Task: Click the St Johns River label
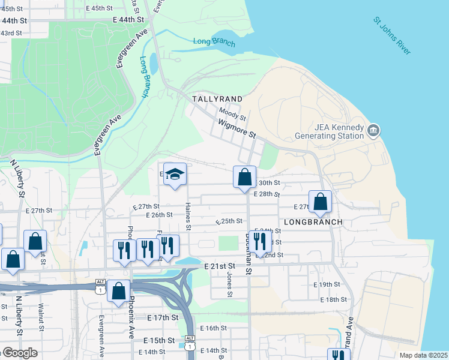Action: (x=392, y=36)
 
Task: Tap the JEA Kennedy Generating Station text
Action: (x=331, y=131)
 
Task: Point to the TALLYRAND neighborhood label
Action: (x=217, y=98)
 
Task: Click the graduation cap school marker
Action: (x=175, y=175)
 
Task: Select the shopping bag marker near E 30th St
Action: (x=244, y=177)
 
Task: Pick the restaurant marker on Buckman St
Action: (x=260, y=242)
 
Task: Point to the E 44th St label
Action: (x=129, y=20)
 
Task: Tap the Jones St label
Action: (x=229, y=284)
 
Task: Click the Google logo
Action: (x=19, y=353)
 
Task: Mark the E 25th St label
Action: (x=229, y=221)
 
